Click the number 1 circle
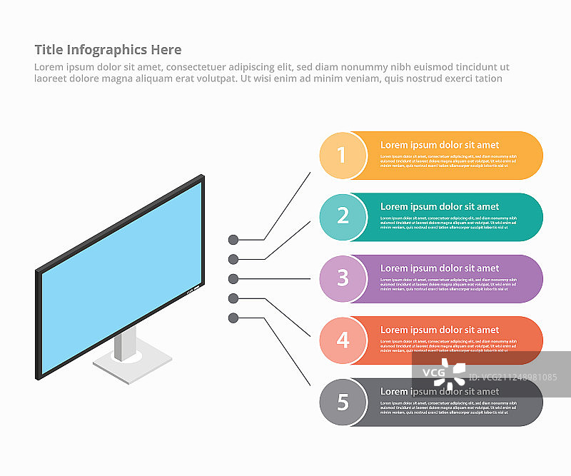point(343,155)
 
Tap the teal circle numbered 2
point(343,216)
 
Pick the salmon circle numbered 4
point(343,340)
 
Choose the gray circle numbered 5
point(343,402)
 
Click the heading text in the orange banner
point(439,145)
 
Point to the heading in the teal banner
point(439,207)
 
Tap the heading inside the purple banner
point(439,268)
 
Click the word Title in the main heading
point(49,50)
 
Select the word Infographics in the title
point(106,50)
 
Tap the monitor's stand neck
point(124,344)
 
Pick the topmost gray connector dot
point(233,240)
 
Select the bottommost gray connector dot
point(233,318)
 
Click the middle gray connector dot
point(233,278)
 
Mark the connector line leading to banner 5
point(285,349)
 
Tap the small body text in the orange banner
point(447,161)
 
